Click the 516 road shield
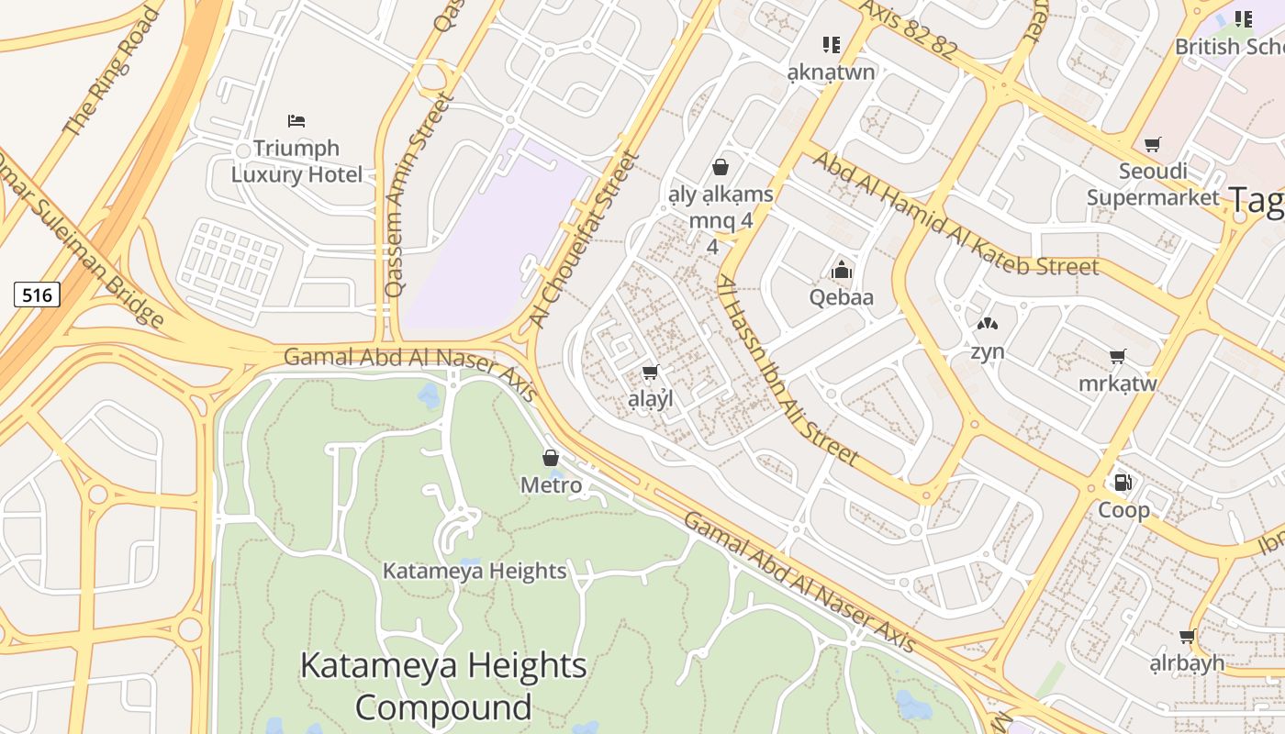pos(38,295)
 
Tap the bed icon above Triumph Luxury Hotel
pos(296,120)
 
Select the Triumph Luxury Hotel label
pos(296,161)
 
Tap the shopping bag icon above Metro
pos(551,458)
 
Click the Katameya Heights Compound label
pos(443,686)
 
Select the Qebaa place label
pos(841,297)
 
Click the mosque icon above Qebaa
pos(841,270)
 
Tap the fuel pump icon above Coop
pos(1122,483)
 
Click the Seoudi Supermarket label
pos(1153,183)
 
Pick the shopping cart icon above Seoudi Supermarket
pos(1153,144)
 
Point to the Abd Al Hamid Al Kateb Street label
pos(955,215)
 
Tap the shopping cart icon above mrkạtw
pos(1117,356)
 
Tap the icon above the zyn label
pos(987,324)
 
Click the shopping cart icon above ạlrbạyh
pos(1187,636)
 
